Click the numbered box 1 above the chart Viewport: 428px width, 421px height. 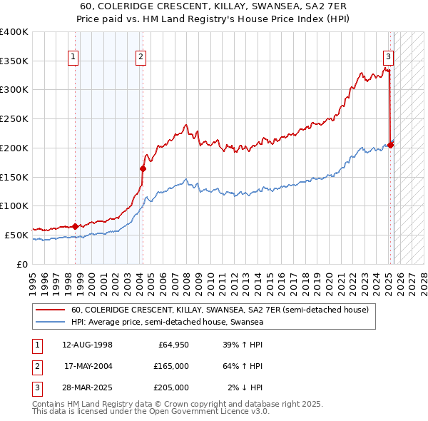tap(74, 59)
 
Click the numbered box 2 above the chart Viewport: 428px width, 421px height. tap(141, 59)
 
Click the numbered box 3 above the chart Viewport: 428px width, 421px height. tap(388, 59)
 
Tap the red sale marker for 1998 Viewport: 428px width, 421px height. tap(76, 226)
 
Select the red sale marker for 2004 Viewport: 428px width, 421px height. tap(143, 168)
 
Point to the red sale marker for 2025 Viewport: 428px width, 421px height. tap(391, 145)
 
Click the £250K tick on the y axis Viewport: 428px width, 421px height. tap(14, 118)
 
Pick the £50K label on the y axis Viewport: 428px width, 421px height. tap(17, 235)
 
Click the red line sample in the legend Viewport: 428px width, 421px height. tap(51, 310)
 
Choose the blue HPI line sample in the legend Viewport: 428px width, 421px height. tap(51, 323)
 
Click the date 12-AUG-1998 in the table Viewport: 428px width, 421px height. tap(87, 345)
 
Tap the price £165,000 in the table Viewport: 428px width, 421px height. tap(171, 366)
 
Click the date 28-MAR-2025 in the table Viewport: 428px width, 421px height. tap(87, 387)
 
